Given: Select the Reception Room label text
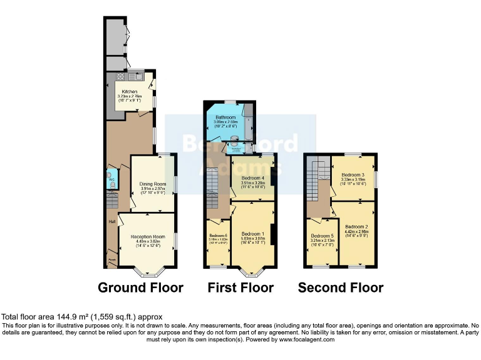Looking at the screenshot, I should (148, 237).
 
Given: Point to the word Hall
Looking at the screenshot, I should (111, 221).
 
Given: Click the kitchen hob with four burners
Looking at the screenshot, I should (120, 77).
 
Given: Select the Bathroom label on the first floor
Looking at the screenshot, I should (225, 117).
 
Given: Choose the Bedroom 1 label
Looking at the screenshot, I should (254, 234).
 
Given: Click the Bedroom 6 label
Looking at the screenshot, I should (217, 235).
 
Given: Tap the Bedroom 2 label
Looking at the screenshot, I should (356, 226).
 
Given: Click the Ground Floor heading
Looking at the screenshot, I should (140, 287).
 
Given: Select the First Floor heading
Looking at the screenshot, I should (240, 287).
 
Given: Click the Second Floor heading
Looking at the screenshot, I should (340, 287).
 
